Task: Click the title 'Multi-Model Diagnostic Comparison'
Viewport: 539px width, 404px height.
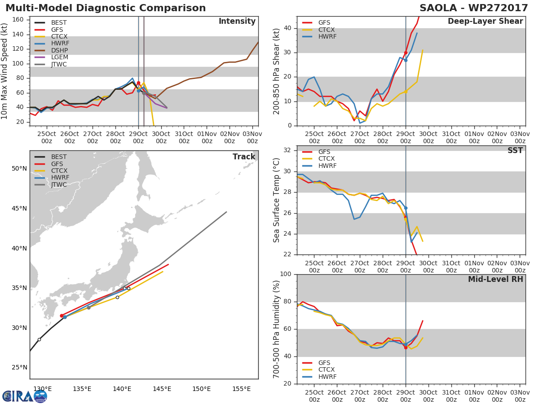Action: coord(106,8)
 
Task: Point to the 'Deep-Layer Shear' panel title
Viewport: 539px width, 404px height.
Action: coord(485,22)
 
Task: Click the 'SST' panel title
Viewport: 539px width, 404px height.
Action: coord(515,151)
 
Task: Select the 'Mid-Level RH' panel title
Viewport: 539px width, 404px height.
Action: coord(495,279)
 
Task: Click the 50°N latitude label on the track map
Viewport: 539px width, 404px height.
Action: coord(19,169)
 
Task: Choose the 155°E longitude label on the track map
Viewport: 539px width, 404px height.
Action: coord(241,389)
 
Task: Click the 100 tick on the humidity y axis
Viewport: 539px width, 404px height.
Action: coord(285,274)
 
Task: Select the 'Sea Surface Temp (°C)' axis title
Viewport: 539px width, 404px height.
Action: coord(277,200)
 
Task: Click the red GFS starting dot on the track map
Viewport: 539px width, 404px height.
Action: coord(62,316)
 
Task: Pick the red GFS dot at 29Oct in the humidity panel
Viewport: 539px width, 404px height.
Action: coord(406,347)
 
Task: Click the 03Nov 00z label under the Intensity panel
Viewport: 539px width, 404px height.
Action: coord(253,137)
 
